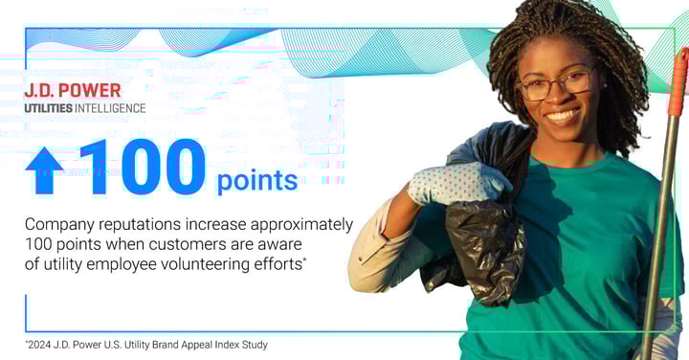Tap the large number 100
coord(142,168)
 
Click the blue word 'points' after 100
coord(256,180)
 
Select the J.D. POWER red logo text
coord(73,91)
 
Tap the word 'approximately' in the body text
coord(301,224)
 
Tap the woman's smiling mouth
coord(563,116)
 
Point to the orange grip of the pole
coord(678,77)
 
